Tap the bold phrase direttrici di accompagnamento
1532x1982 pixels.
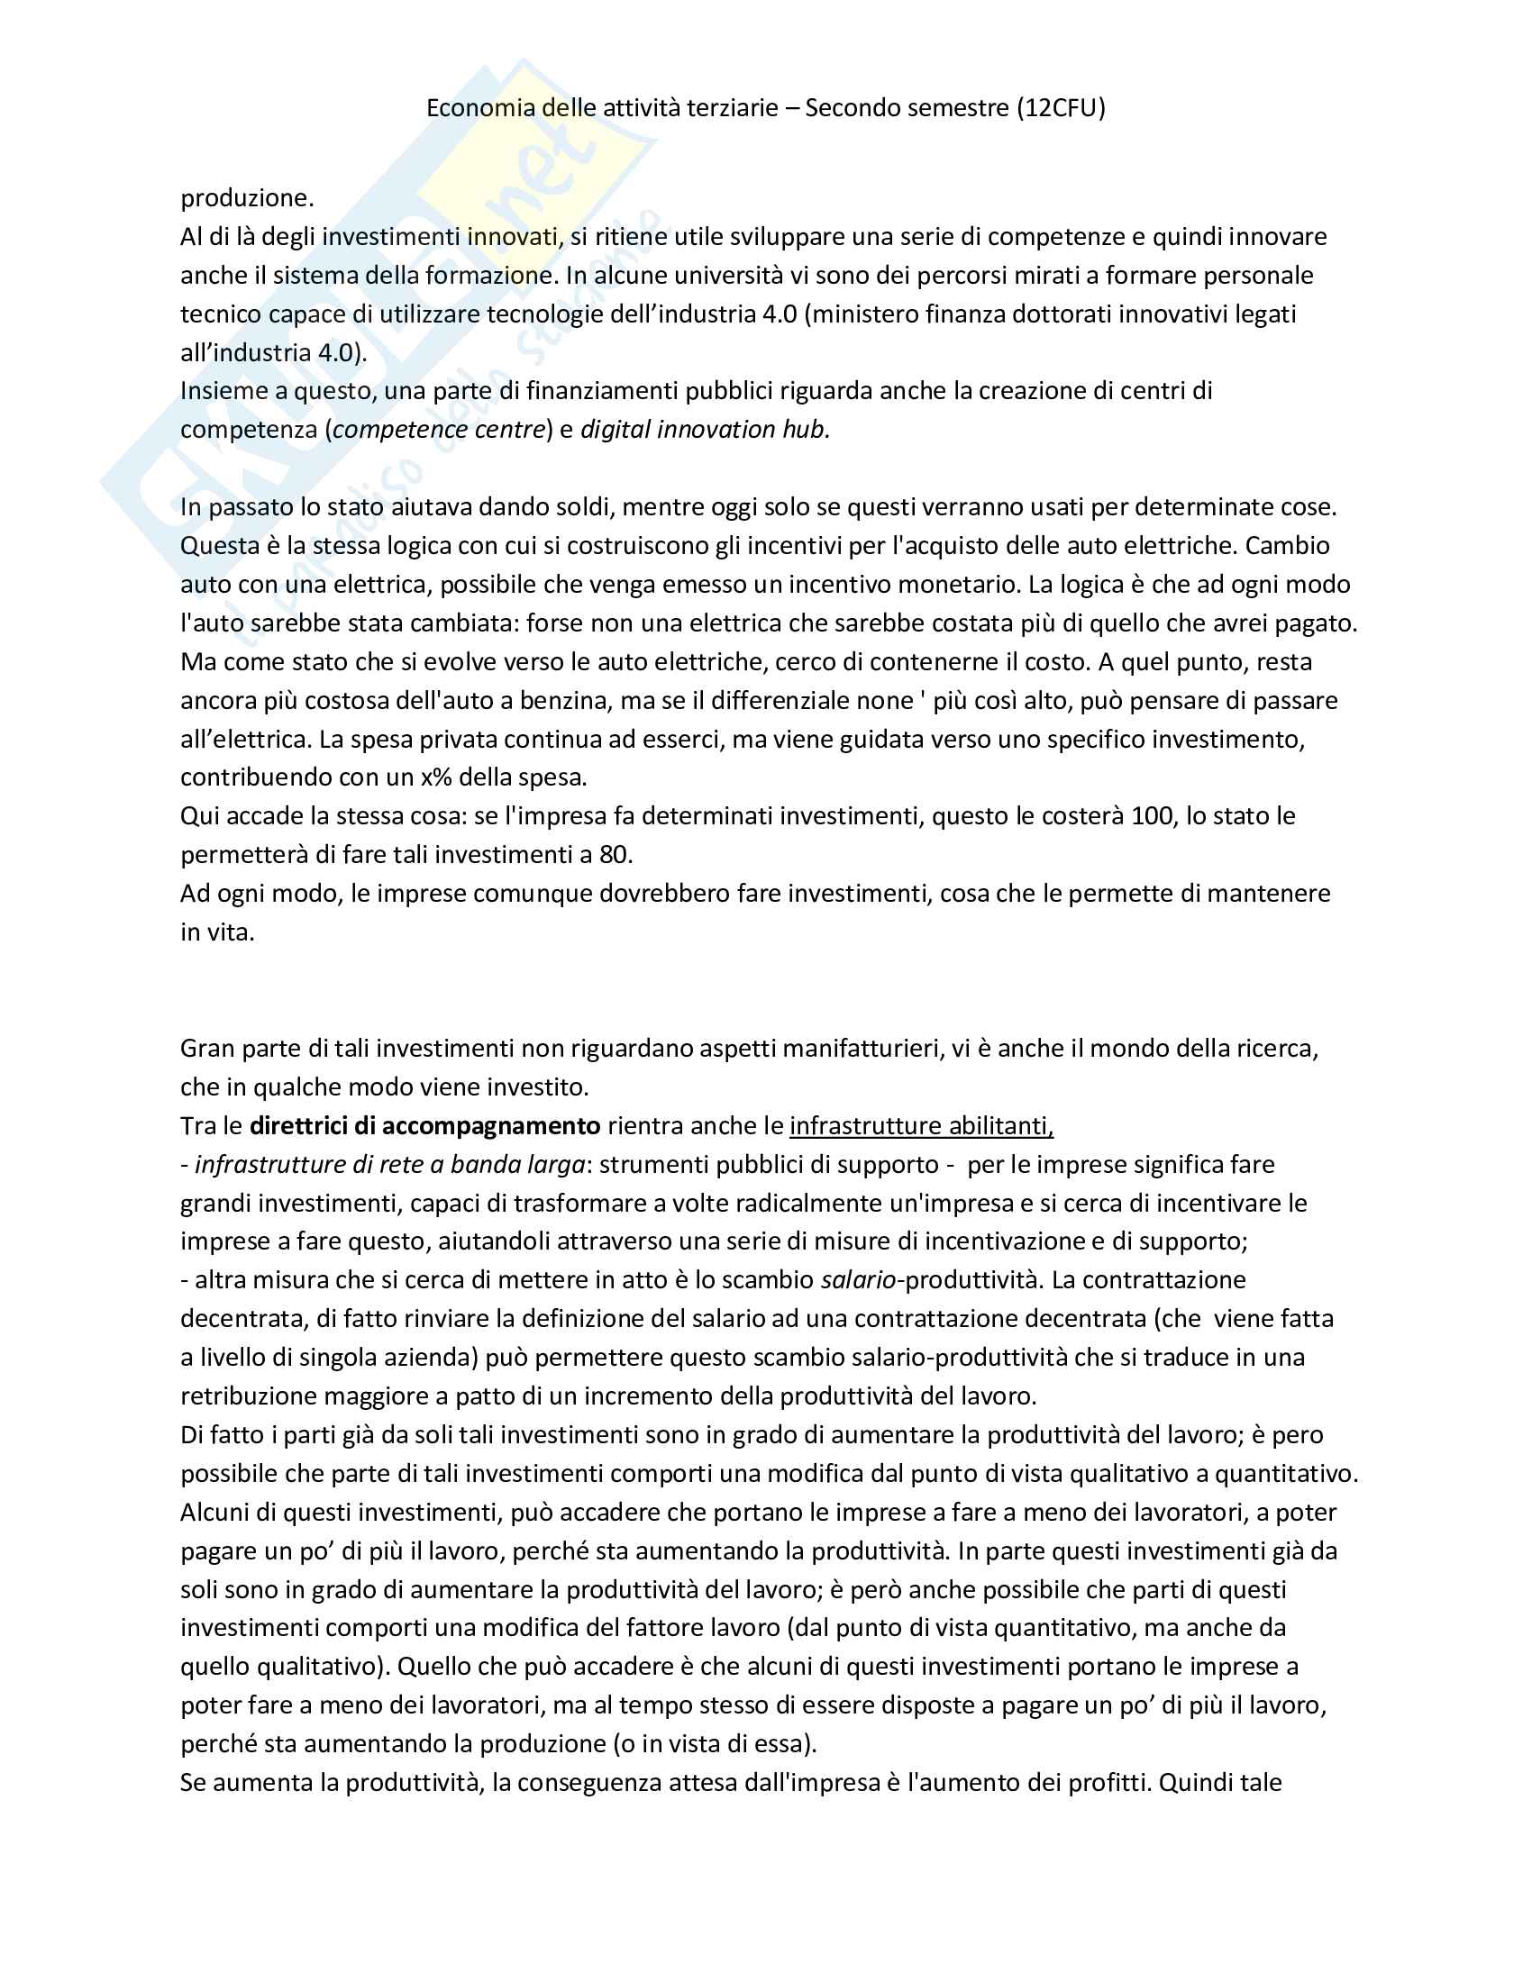(x=424, y=1126)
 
